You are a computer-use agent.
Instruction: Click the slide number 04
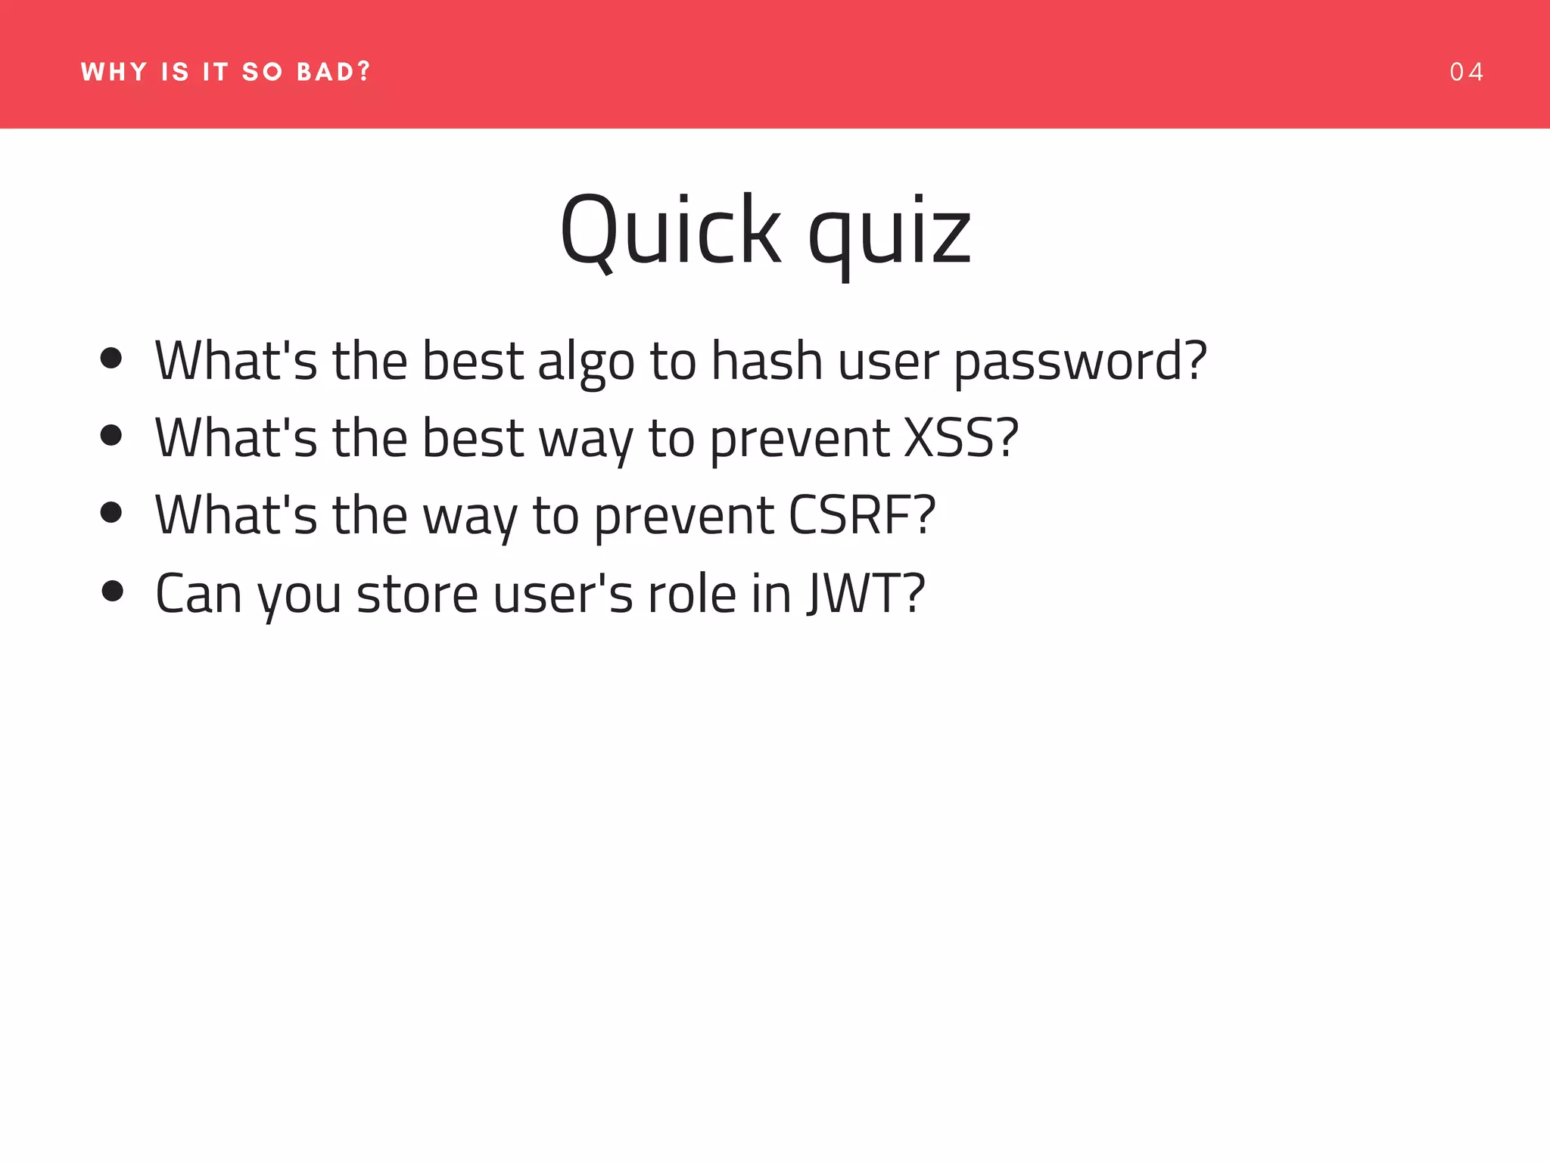click(1466, 72)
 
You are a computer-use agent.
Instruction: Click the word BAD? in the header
click(334, 72)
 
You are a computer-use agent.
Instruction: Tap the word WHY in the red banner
click(114, 72)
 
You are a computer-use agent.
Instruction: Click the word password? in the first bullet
click(1080, 361)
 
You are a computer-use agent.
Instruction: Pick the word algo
click(586, 362)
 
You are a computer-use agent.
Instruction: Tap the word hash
click(767, 361)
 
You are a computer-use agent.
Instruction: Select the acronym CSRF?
click(862, 515)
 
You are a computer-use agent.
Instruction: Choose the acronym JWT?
click(866, 593)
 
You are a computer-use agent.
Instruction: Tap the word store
click(417, 593)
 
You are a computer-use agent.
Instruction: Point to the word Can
click(198, 593)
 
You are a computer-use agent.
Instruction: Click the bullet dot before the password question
click(111, 359)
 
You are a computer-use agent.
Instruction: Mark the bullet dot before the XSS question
click(111, 435)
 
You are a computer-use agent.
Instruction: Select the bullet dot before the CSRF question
click(111, 512)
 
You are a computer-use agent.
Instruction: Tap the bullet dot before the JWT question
click(111, 591)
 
